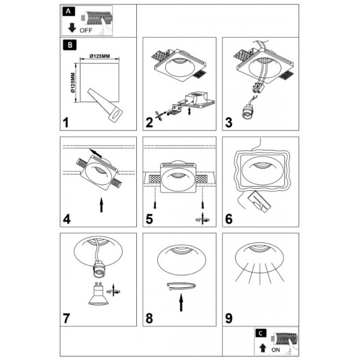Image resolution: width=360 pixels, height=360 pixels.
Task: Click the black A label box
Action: [68, 11]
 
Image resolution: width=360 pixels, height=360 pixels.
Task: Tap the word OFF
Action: [86, 31]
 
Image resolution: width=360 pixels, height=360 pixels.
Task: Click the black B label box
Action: [70, 45]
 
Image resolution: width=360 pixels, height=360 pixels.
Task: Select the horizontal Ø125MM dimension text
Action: [100, 56]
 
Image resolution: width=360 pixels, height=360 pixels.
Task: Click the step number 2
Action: [149, 122]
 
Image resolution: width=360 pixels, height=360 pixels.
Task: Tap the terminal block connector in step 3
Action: [258, 88]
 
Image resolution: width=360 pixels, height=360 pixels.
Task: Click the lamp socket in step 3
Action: [247, 112]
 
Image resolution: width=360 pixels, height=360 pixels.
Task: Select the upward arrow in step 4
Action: [101, 205]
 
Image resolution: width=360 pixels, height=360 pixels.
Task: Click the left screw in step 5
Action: [155, 205]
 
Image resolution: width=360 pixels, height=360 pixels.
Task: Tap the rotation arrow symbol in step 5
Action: [203, 218]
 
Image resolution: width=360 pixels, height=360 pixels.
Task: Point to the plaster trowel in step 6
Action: [260, 202]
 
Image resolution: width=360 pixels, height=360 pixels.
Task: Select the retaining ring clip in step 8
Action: [181, 286]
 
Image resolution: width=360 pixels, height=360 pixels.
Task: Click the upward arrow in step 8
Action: [181, 302]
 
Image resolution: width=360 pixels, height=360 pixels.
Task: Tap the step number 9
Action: [229, 318]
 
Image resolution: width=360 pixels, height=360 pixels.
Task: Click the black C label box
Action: [260, 333]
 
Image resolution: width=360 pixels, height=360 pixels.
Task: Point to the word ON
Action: [275, 350]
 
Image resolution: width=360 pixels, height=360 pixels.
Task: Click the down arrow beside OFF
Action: [72, 28]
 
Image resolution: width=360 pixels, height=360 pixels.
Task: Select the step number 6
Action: [229, 219]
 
